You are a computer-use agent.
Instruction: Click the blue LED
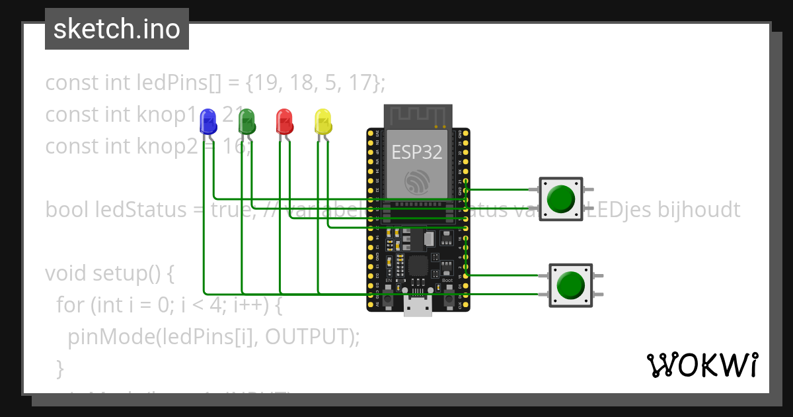pyautogui.click(x=208, y=122)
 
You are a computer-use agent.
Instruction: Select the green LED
pyautogui.click(x=246, y=122)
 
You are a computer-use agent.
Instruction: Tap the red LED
pyautogui.click(x=285, y=122)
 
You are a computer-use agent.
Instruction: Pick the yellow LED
pyautogui.click(x=323, y=122)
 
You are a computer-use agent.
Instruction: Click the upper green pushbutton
pyautogui.click(x=561, y=199)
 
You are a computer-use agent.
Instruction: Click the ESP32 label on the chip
pyautogui.click(x=417, y=152)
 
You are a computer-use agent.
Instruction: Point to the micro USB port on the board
pyautogui.click(x=418, y=307)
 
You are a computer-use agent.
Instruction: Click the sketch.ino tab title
pyautogui.click(x=117, y=29)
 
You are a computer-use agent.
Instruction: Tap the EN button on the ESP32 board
pyautogui.click(x=389, y=299)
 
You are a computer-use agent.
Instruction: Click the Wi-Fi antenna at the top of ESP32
pyautogui.click(x=418, y=116)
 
